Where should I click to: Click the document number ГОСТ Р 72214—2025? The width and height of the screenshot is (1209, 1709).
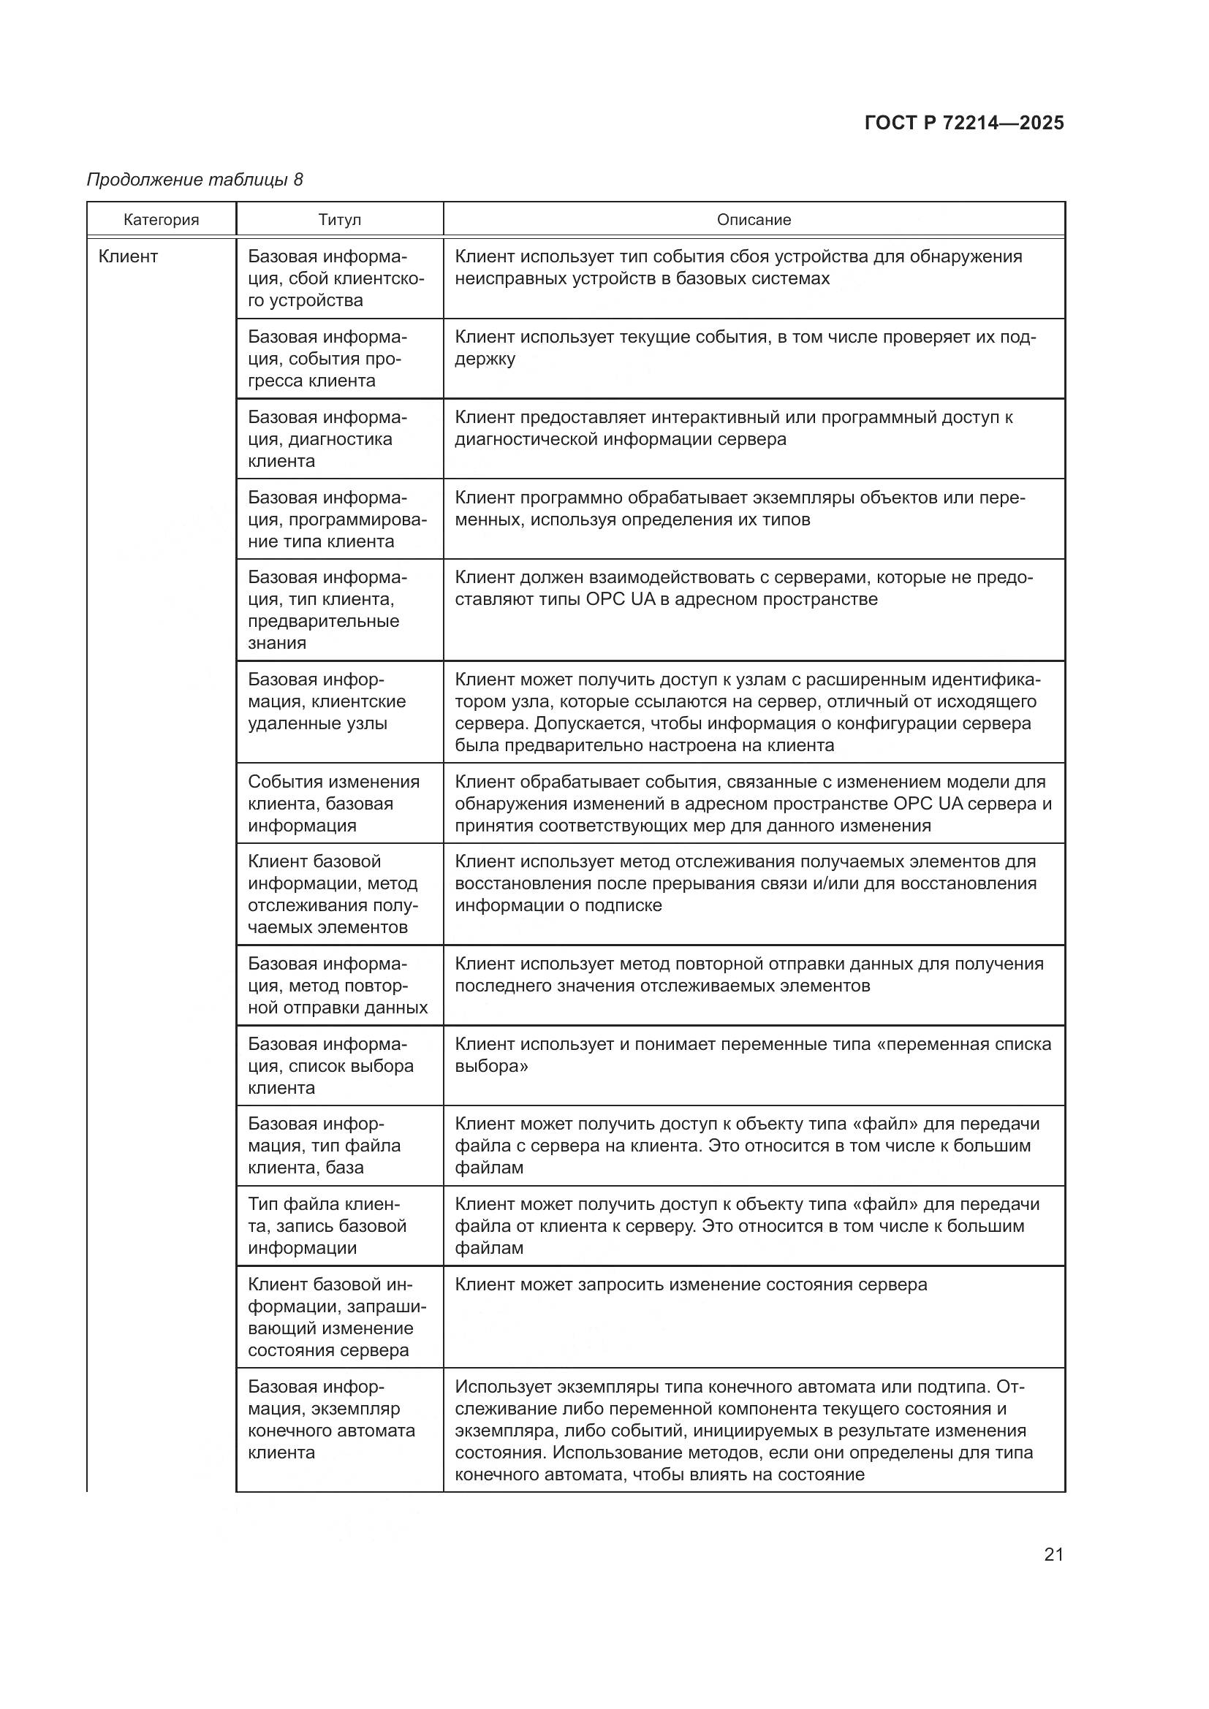[964, 123]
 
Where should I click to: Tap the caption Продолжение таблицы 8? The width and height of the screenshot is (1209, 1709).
[195, 180]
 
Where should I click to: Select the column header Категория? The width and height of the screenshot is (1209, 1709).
[162, 220]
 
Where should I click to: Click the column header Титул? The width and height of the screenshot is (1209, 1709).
[339, 220]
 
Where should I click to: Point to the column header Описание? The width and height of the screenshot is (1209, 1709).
[754, 220]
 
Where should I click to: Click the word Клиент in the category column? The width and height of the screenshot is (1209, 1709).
[128, 256]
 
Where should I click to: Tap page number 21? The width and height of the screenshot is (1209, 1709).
[1053, 1554]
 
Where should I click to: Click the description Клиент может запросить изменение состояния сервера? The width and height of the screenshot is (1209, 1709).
[691, 1284]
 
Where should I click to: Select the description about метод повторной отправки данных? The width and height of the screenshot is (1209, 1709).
[749, 975]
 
